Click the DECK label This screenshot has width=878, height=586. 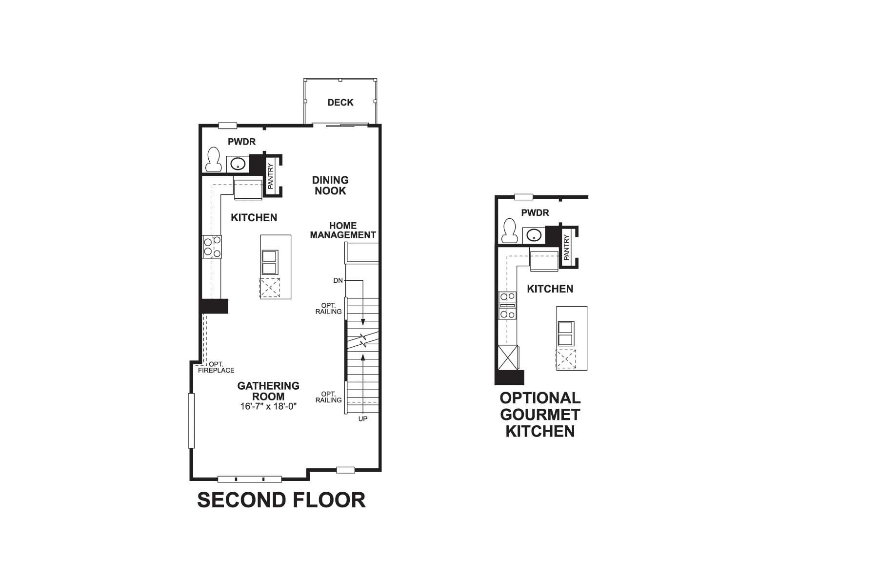(340, 103)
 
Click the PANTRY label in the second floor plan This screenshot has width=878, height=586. (271, 176)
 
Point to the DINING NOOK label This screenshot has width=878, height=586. (330, 186)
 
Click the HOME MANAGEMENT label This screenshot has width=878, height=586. (343, 230)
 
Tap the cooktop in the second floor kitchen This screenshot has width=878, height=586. (212, 247)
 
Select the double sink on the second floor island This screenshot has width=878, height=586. (270, 263)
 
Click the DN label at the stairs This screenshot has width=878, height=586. (338, 281)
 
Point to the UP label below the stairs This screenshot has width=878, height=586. (363, 419)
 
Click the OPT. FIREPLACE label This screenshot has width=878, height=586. (216, 367)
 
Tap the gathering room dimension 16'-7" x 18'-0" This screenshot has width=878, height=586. (268, 406)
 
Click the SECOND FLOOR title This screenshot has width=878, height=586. (281, 500)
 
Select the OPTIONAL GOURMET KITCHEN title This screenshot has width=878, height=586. (540, 415)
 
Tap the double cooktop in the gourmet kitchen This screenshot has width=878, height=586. (507, 305)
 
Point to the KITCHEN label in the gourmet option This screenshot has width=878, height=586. (550, 289)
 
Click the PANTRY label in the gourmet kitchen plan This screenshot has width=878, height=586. (566, 247)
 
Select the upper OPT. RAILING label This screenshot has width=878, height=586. (329, 309)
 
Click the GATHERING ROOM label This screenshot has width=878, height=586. (268, 391)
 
